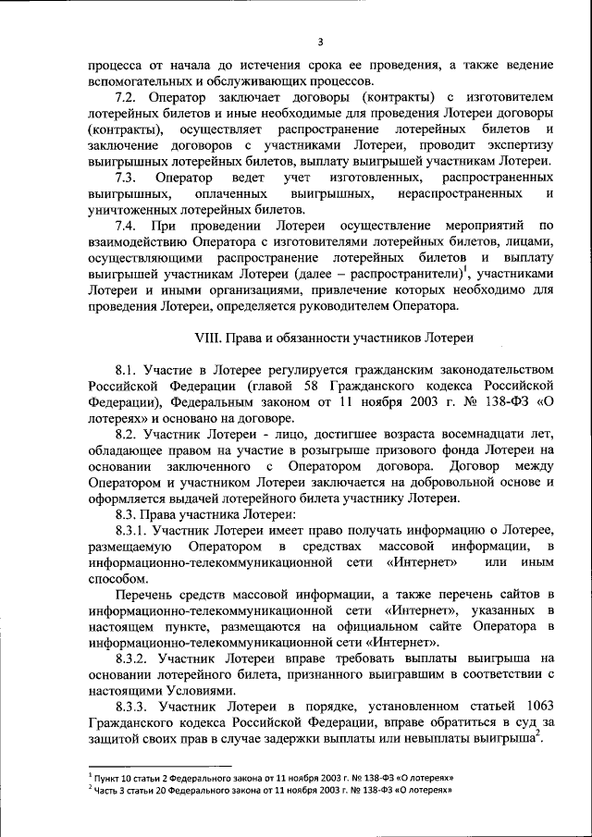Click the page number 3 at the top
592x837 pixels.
click(x=319, y=42)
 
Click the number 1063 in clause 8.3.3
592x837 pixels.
click(x=536, y=708)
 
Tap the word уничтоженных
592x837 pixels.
click(x=133, y=209)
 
